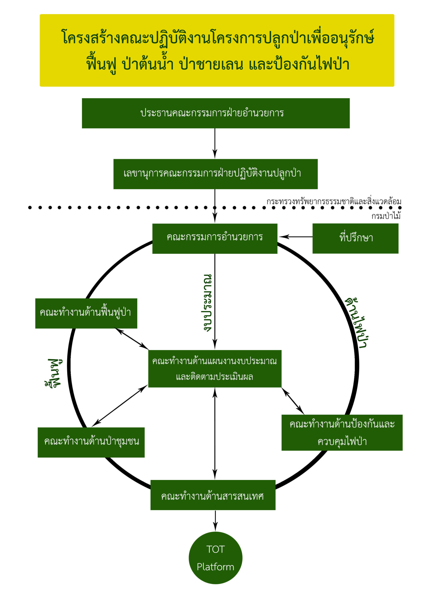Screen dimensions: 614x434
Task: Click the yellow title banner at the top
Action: (x=217, y=50)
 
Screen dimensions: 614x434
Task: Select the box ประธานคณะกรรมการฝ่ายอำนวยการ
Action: (x=216, y=113)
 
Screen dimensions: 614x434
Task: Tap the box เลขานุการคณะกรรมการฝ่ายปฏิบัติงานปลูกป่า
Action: (x=215, y=174)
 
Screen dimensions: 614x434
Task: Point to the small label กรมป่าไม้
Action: (x=386, y=216)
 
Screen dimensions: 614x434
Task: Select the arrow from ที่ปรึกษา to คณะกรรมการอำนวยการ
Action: (x=295, y=237)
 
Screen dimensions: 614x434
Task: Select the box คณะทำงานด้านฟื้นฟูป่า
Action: (x=86, y=313)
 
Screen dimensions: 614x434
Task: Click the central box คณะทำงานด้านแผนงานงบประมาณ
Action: (x=215, y=368)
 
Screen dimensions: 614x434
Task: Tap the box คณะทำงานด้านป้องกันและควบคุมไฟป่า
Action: (x=342, y=432)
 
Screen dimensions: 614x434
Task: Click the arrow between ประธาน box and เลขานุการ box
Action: (x=215, y=143)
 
